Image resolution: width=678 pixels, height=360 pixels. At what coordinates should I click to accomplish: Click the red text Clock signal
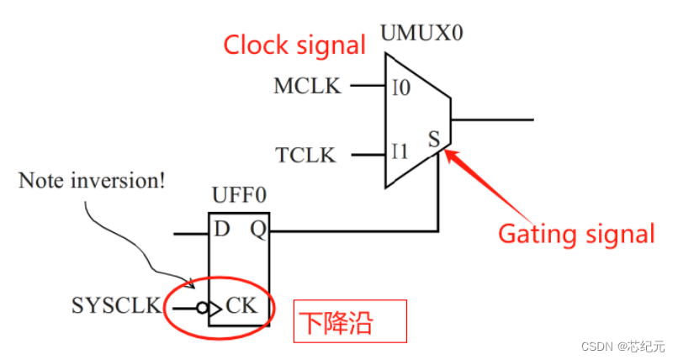(x=294, y=45)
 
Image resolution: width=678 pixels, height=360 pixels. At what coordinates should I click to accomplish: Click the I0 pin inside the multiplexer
(x=401, y=87)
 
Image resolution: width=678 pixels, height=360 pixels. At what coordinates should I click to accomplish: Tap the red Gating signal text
(x=576, y=233)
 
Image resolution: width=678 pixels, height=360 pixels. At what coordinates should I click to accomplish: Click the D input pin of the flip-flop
(x=222, y=230)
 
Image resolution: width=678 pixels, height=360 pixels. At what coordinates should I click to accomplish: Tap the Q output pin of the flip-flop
(x=259, y=230)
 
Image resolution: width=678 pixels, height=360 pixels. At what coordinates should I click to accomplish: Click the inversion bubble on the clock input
(x=202, y=309)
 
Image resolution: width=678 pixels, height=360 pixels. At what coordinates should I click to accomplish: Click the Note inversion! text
(x=92, y=180)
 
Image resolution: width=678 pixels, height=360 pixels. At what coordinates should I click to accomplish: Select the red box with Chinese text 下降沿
(x=349, y=321)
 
